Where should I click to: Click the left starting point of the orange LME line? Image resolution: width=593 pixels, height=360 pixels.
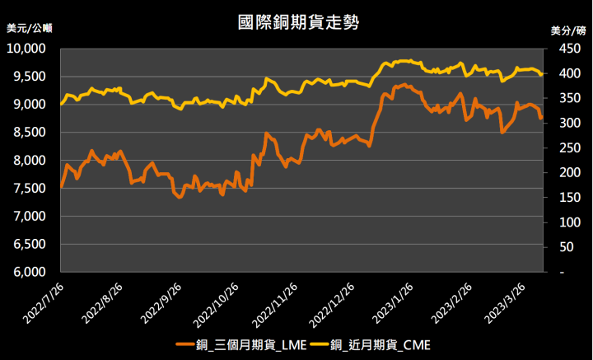tap(62, 187)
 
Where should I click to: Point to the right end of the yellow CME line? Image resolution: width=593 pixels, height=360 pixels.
tap(541, 75)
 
